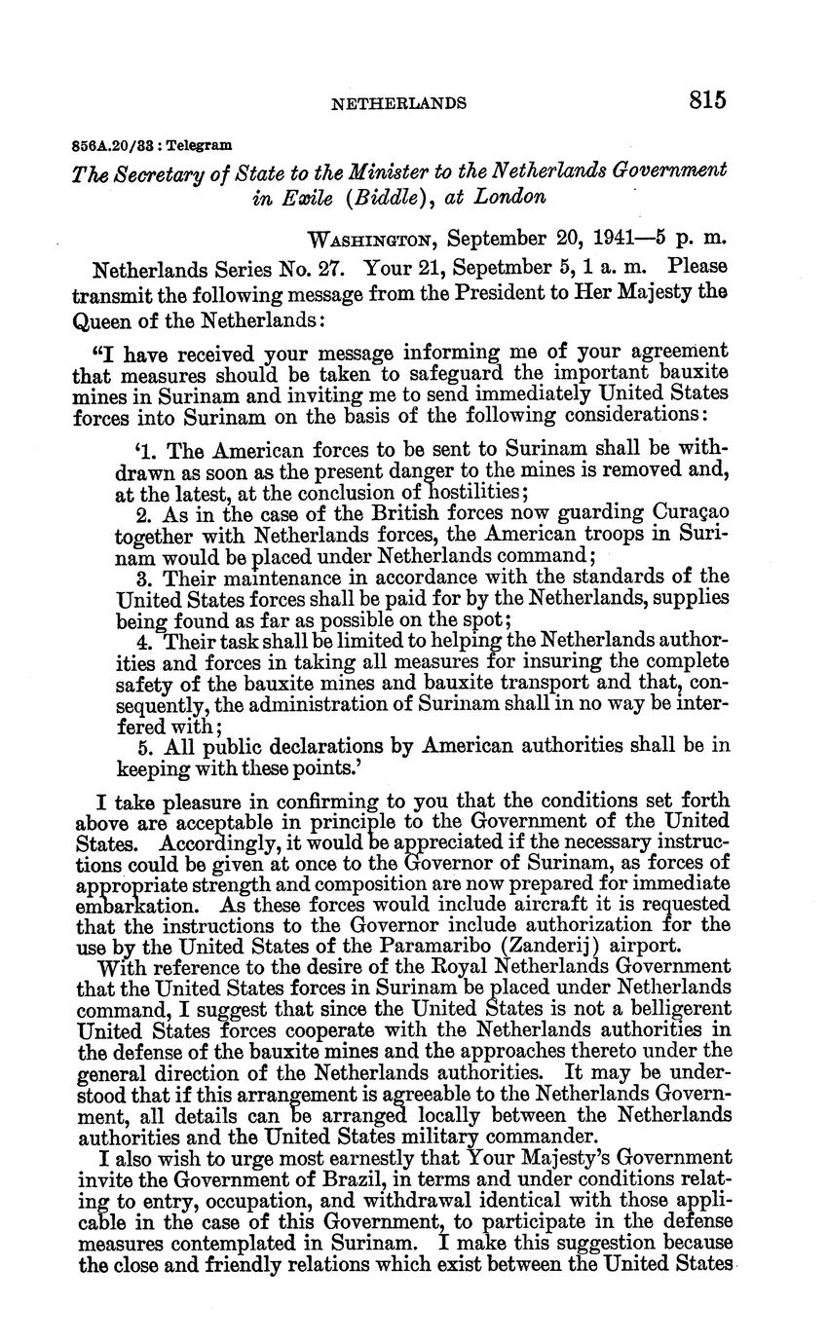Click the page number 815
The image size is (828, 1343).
pyautogui.click(x=708, y=99)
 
